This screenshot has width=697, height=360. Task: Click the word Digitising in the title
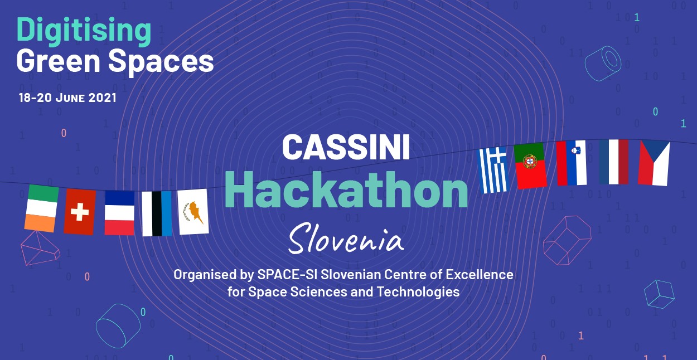point(84,31)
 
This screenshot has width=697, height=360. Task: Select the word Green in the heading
point(58,61)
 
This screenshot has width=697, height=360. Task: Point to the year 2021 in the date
point(103,98)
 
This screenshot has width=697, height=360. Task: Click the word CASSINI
point(346,147)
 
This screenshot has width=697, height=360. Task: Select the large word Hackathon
point(346,189)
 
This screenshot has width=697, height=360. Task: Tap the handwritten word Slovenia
point(346,238)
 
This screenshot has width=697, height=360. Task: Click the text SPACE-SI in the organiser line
point(288,275)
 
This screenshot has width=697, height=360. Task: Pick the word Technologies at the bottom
point(418,291)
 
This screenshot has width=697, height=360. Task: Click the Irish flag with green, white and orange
point(41,208)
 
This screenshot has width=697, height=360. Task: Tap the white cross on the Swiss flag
point(80,212)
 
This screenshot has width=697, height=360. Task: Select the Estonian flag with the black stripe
point(157,213)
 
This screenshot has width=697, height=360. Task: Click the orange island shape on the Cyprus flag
point(195,211)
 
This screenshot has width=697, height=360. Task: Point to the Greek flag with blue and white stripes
point(493,170)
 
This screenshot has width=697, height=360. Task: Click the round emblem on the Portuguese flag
point(530,162)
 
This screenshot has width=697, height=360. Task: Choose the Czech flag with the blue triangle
point(654,163)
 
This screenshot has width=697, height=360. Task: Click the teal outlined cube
point(659,294)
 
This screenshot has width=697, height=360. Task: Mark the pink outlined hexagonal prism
point(567,240)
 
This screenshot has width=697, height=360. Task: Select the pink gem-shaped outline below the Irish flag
point(40,248)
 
